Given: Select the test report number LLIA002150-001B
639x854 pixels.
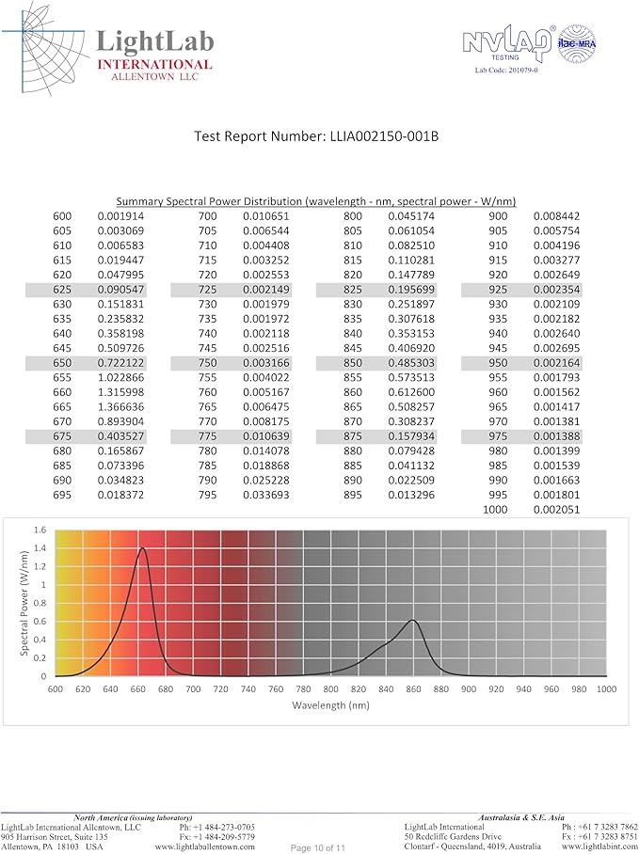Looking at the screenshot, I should click(x=316, y=135).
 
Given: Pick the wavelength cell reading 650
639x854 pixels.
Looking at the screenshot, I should click(x=62, y=363).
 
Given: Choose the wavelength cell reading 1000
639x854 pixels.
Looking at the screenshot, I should click(x=494, y=509).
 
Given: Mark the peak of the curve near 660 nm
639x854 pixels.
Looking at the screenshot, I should click(x=142, y=548).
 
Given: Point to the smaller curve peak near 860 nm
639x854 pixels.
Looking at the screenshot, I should click(x=412, y=620).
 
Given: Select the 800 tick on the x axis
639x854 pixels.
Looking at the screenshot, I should click(x=330, y=689).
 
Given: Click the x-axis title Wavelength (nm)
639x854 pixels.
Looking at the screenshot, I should click(x=330, y=704).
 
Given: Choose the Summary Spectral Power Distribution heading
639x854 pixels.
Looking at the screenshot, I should click(x=316, y=201).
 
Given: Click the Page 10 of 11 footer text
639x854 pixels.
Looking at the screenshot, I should click(x=318, y=847).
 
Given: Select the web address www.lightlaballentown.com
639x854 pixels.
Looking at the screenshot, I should click(x=204, y=846).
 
